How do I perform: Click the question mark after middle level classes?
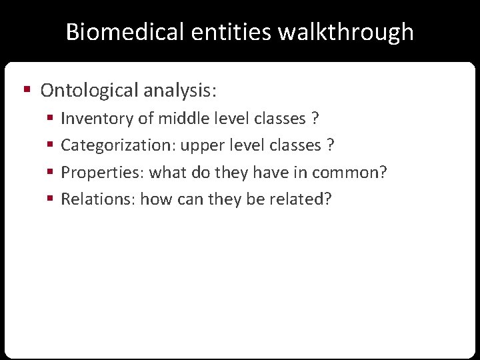[x=315, y=119]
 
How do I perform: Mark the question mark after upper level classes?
[x=330, y=145]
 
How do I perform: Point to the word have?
[x=260, y=173]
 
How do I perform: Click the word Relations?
[x=98, y=199]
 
